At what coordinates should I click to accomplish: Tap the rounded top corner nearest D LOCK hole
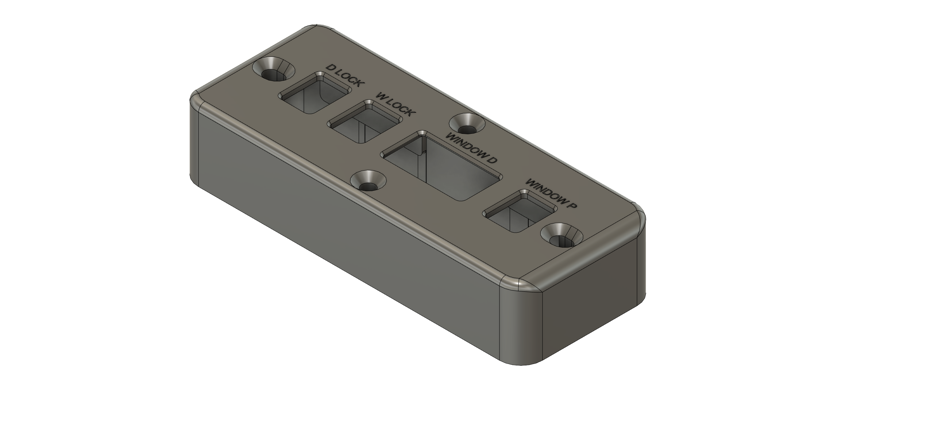click(313, 29)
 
